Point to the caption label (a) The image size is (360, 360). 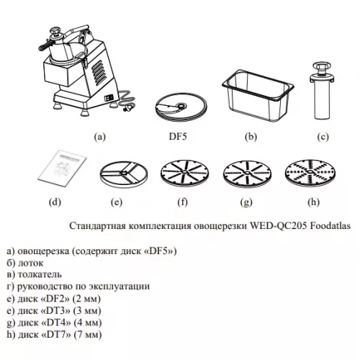click(x=101, y=135)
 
